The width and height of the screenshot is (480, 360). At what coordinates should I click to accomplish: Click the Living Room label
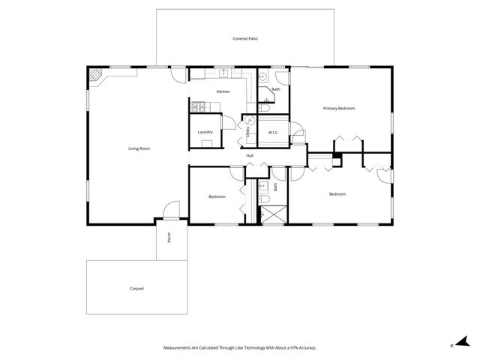pos(139,148)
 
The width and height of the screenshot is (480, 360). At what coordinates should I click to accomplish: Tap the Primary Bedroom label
pos(339,109)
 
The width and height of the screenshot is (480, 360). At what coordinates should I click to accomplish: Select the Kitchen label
pos(223,91)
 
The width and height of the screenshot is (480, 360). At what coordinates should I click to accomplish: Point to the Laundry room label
pos(205,132)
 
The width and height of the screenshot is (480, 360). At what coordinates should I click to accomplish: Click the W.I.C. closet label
pos(274,133)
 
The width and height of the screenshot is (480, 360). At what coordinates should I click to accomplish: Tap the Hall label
pos(250,155)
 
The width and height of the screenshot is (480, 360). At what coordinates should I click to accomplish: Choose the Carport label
pos(136,289)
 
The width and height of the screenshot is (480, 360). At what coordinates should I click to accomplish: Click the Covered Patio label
pos(245,37)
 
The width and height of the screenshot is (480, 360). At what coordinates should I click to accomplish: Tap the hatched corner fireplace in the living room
pos(95,75)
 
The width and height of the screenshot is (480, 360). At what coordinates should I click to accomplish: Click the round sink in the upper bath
pos(263,77)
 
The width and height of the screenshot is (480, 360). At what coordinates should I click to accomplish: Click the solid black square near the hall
pos(337,159)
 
